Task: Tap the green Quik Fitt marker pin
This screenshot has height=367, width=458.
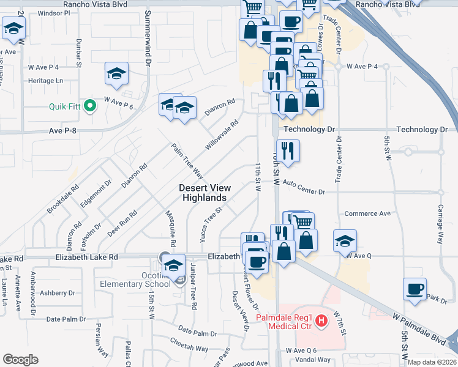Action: (x=90, y=106)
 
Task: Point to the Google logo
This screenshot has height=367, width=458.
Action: (x=20, y=360)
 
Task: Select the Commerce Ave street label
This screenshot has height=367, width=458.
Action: (x=367, y=213)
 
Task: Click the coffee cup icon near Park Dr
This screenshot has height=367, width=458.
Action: (x=415, y=289)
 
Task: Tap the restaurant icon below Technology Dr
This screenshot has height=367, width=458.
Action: (x=287, y=150)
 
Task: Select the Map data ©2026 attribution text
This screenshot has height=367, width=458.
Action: (x=432, y=362)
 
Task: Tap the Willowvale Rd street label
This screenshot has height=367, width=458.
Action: (x=221, y=136)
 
